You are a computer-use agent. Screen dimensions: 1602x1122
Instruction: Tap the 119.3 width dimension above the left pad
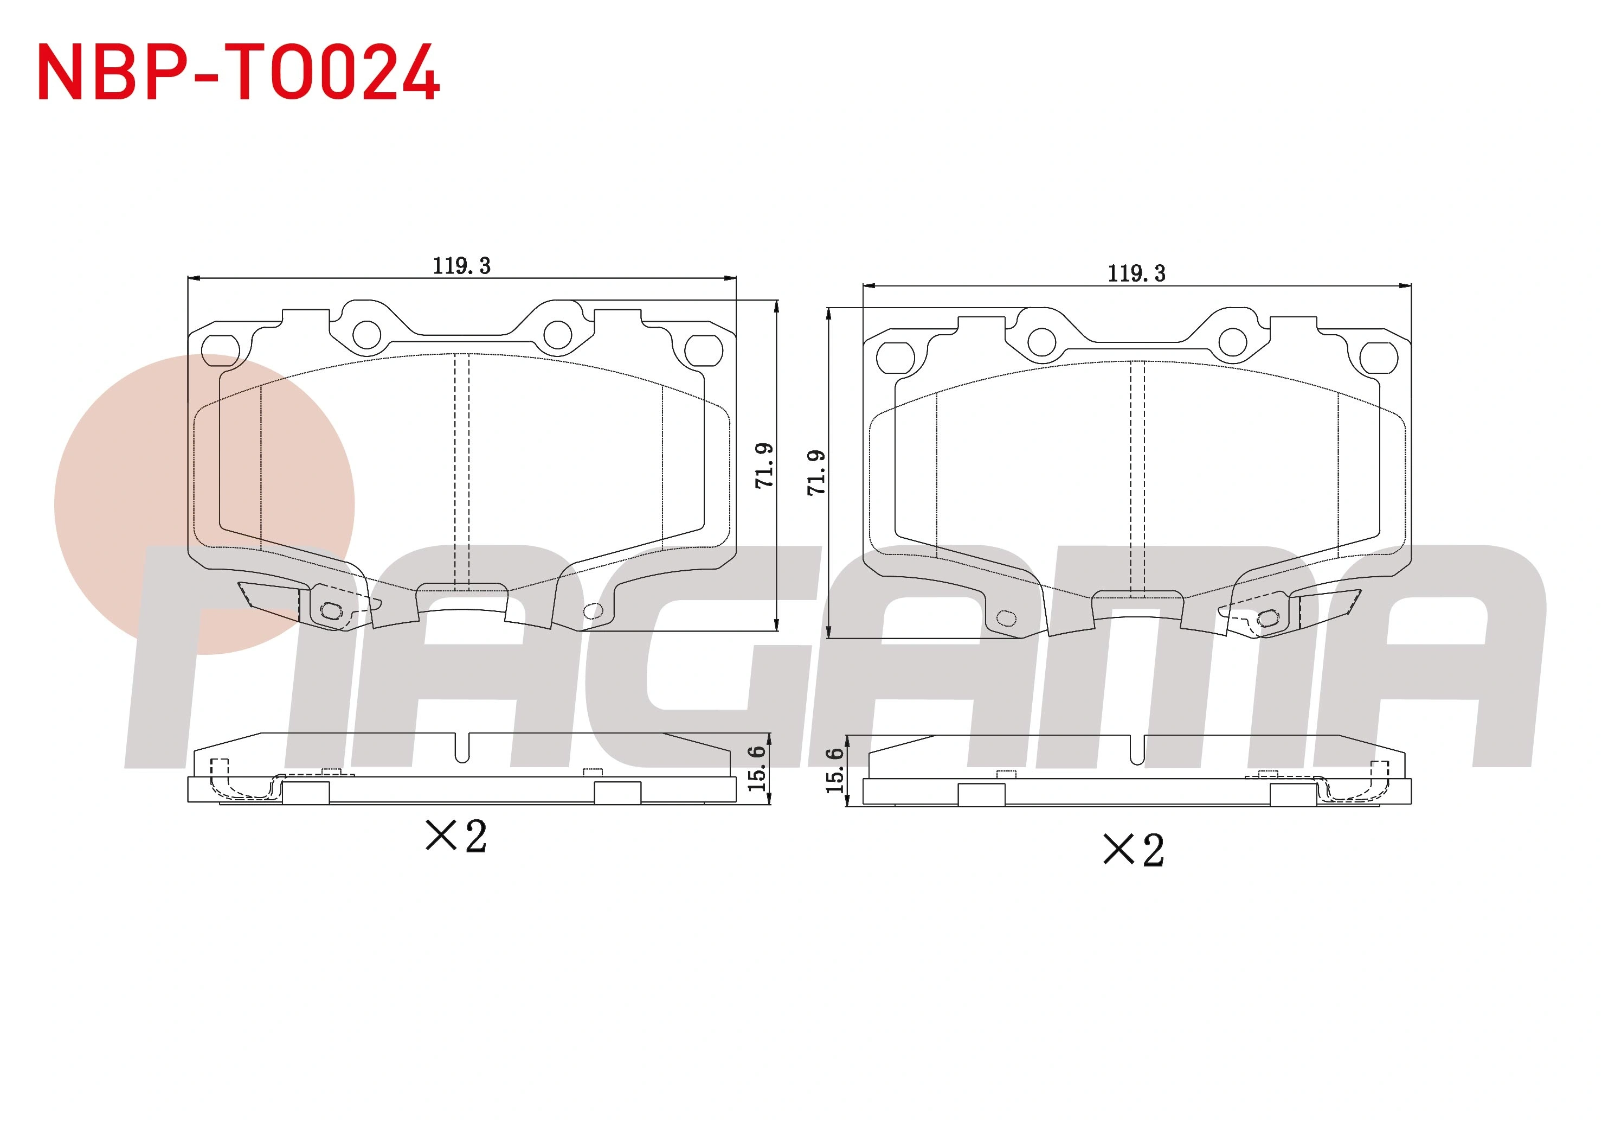(462, 266)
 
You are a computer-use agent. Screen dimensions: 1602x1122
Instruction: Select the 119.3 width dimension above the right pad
(1137, 273)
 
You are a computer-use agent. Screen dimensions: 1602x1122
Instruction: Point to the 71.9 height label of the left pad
(765, 465)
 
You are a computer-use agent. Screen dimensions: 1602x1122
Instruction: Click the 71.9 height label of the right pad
(816, 473)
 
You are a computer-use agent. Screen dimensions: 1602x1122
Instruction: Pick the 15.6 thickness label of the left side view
(756, 769)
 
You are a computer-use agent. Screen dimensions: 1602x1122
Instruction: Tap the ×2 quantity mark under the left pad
(456, 836)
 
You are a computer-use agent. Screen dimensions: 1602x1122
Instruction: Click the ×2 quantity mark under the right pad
(1134, 850)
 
